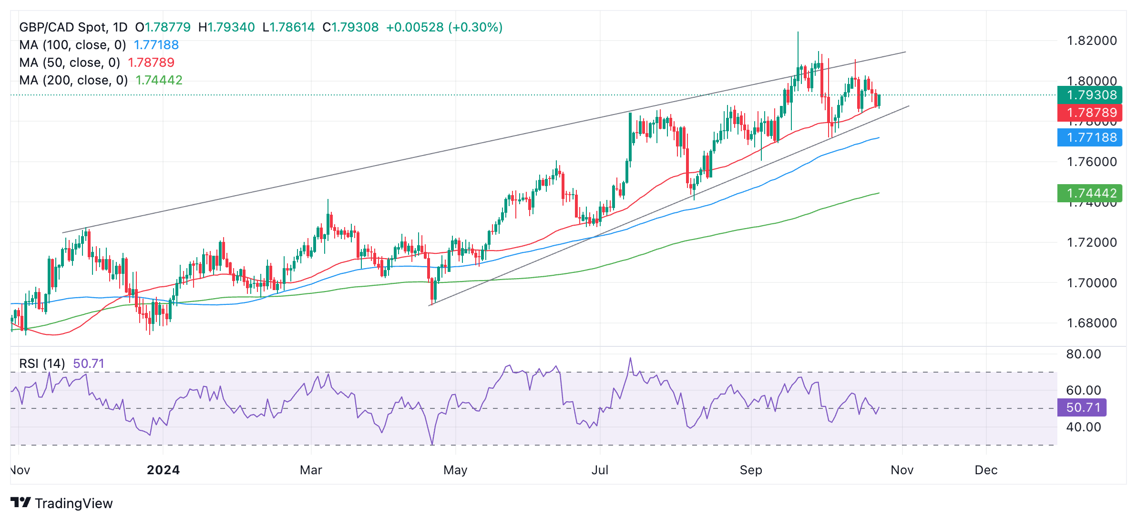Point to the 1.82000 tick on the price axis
click(1091, 41)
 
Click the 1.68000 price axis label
click(1091, 323)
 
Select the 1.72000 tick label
click(1091, 242)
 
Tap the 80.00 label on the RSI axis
click(1083, 354)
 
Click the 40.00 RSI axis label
click(1083, 427)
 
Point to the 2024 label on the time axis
click(163, 470)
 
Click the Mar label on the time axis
click(311, 470)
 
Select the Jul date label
click(599, 470)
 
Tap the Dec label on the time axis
click(986, 470)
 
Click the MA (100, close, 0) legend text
click(72, 45)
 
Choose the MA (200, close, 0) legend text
click(73, 80)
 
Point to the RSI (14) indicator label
click(42, 364)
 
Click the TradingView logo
click(61, 503)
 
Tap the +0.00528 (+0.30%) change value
click(444, 27)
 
